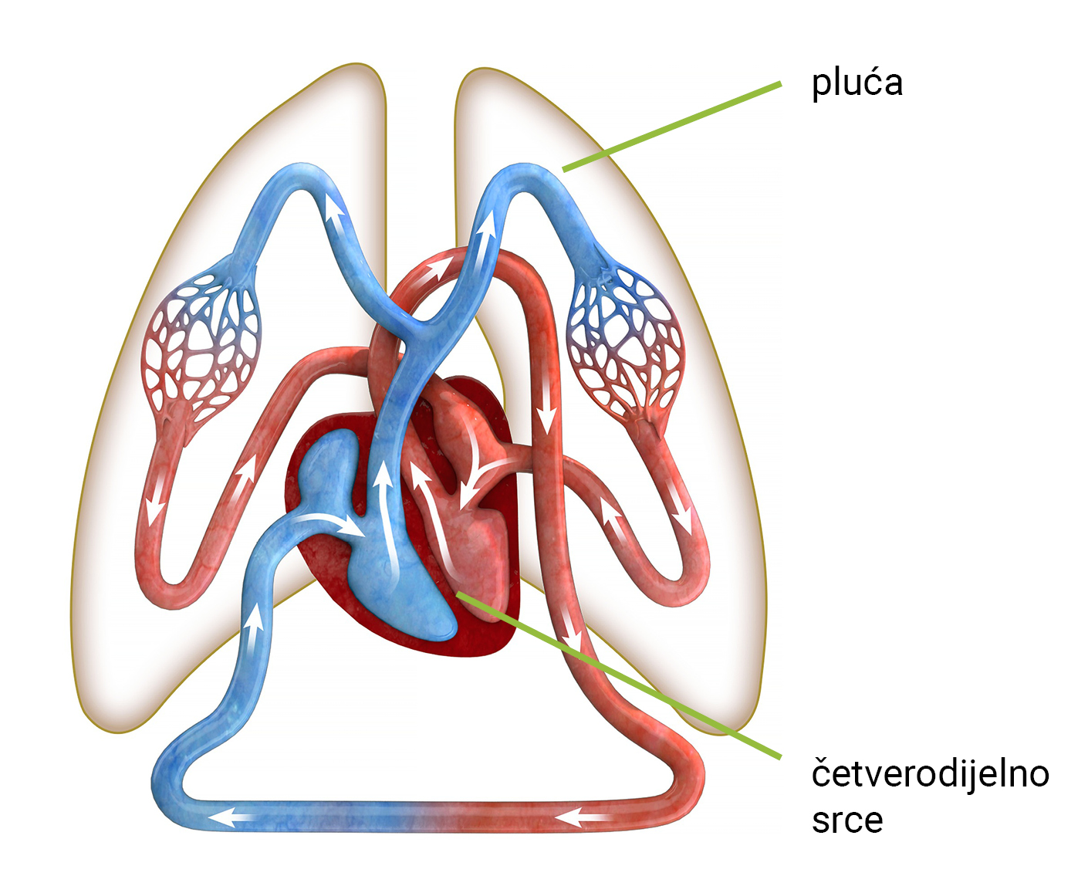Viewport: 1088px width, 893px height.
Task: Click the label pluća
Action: [x=857, y=83]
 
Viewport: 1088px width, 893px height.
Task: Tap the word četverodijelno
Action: [x=930, y=773]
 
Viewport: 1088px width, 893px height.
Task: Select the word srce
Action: [x=846, y=820]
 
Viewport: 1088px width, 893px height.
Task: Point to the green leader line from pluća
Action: [x=671, y=126]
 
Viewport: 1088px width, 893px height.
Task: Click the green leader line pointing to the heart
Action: [x=617, y=671]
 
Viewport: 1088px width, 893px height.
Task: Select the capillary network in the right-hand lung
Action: [x=625, y=340]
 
